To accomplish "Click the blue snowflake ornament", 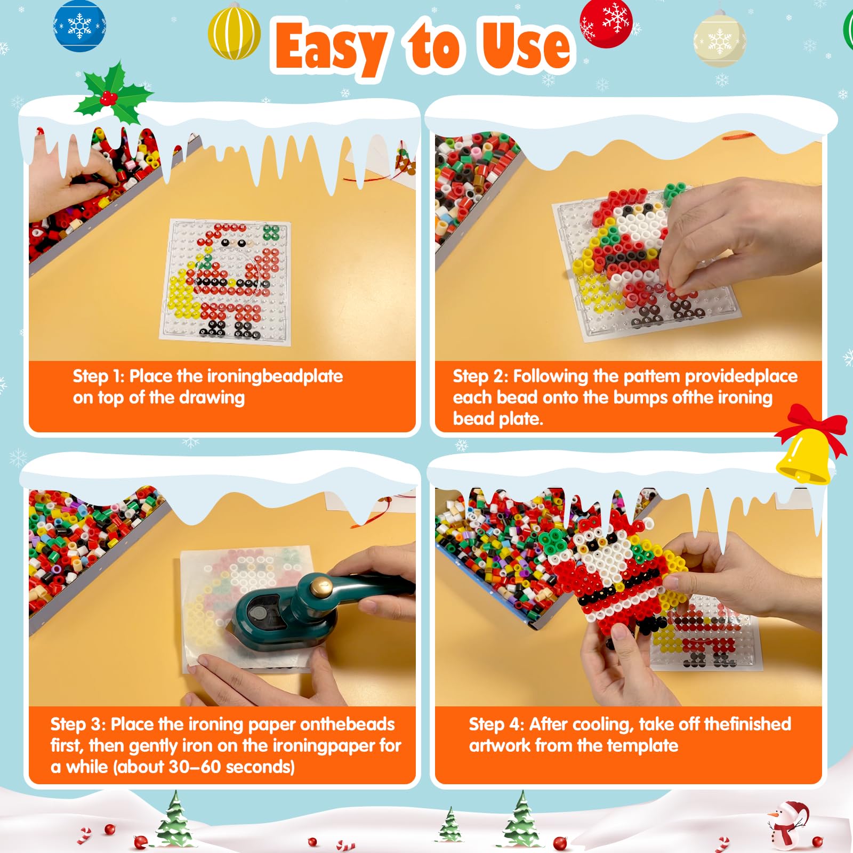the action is coord(80,26).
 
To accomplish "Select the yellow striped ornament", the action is coord(234,32).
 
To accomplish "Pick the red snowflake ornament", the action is coord(606,22).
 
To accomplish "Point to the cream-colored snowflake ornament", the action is coord(720,40).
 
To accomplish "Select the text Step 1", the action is coord(99,376).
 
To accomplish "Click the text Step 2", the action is coord(480,376).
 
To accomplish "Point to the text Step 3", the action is coord(78,725).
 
